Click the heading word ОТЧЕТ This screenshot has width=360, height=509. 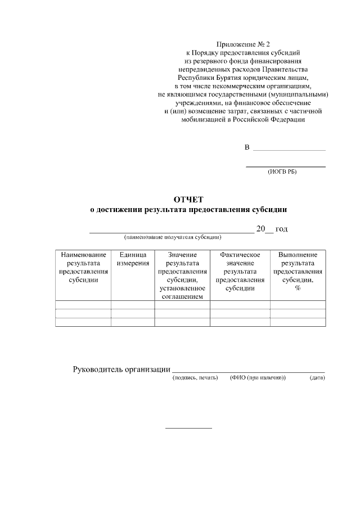189,200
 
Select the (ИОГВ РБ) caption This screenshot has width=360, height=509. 282,172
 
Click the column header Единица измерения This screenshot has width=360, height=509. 133,259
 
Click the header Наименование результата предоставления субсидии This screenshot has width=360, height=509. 83,268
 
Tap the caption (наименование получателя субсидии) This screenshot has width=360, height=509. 172,237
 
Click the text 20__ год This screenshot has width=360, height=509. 272,229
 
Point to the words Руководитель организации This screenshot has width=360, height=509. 121,370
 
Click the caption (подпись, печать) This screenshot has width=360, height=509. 195,378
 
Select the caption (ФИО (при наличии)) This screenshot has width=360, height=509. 258,378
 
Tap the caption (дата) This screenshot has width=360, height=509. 317,378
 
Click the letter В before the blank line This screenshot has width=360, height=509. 247,147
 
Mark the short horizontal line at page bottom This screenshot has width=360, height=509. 188,429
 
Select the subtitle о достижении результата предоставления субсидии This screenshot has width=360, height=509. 189,210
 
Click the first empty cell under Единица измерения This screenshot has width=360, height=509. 133,305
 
